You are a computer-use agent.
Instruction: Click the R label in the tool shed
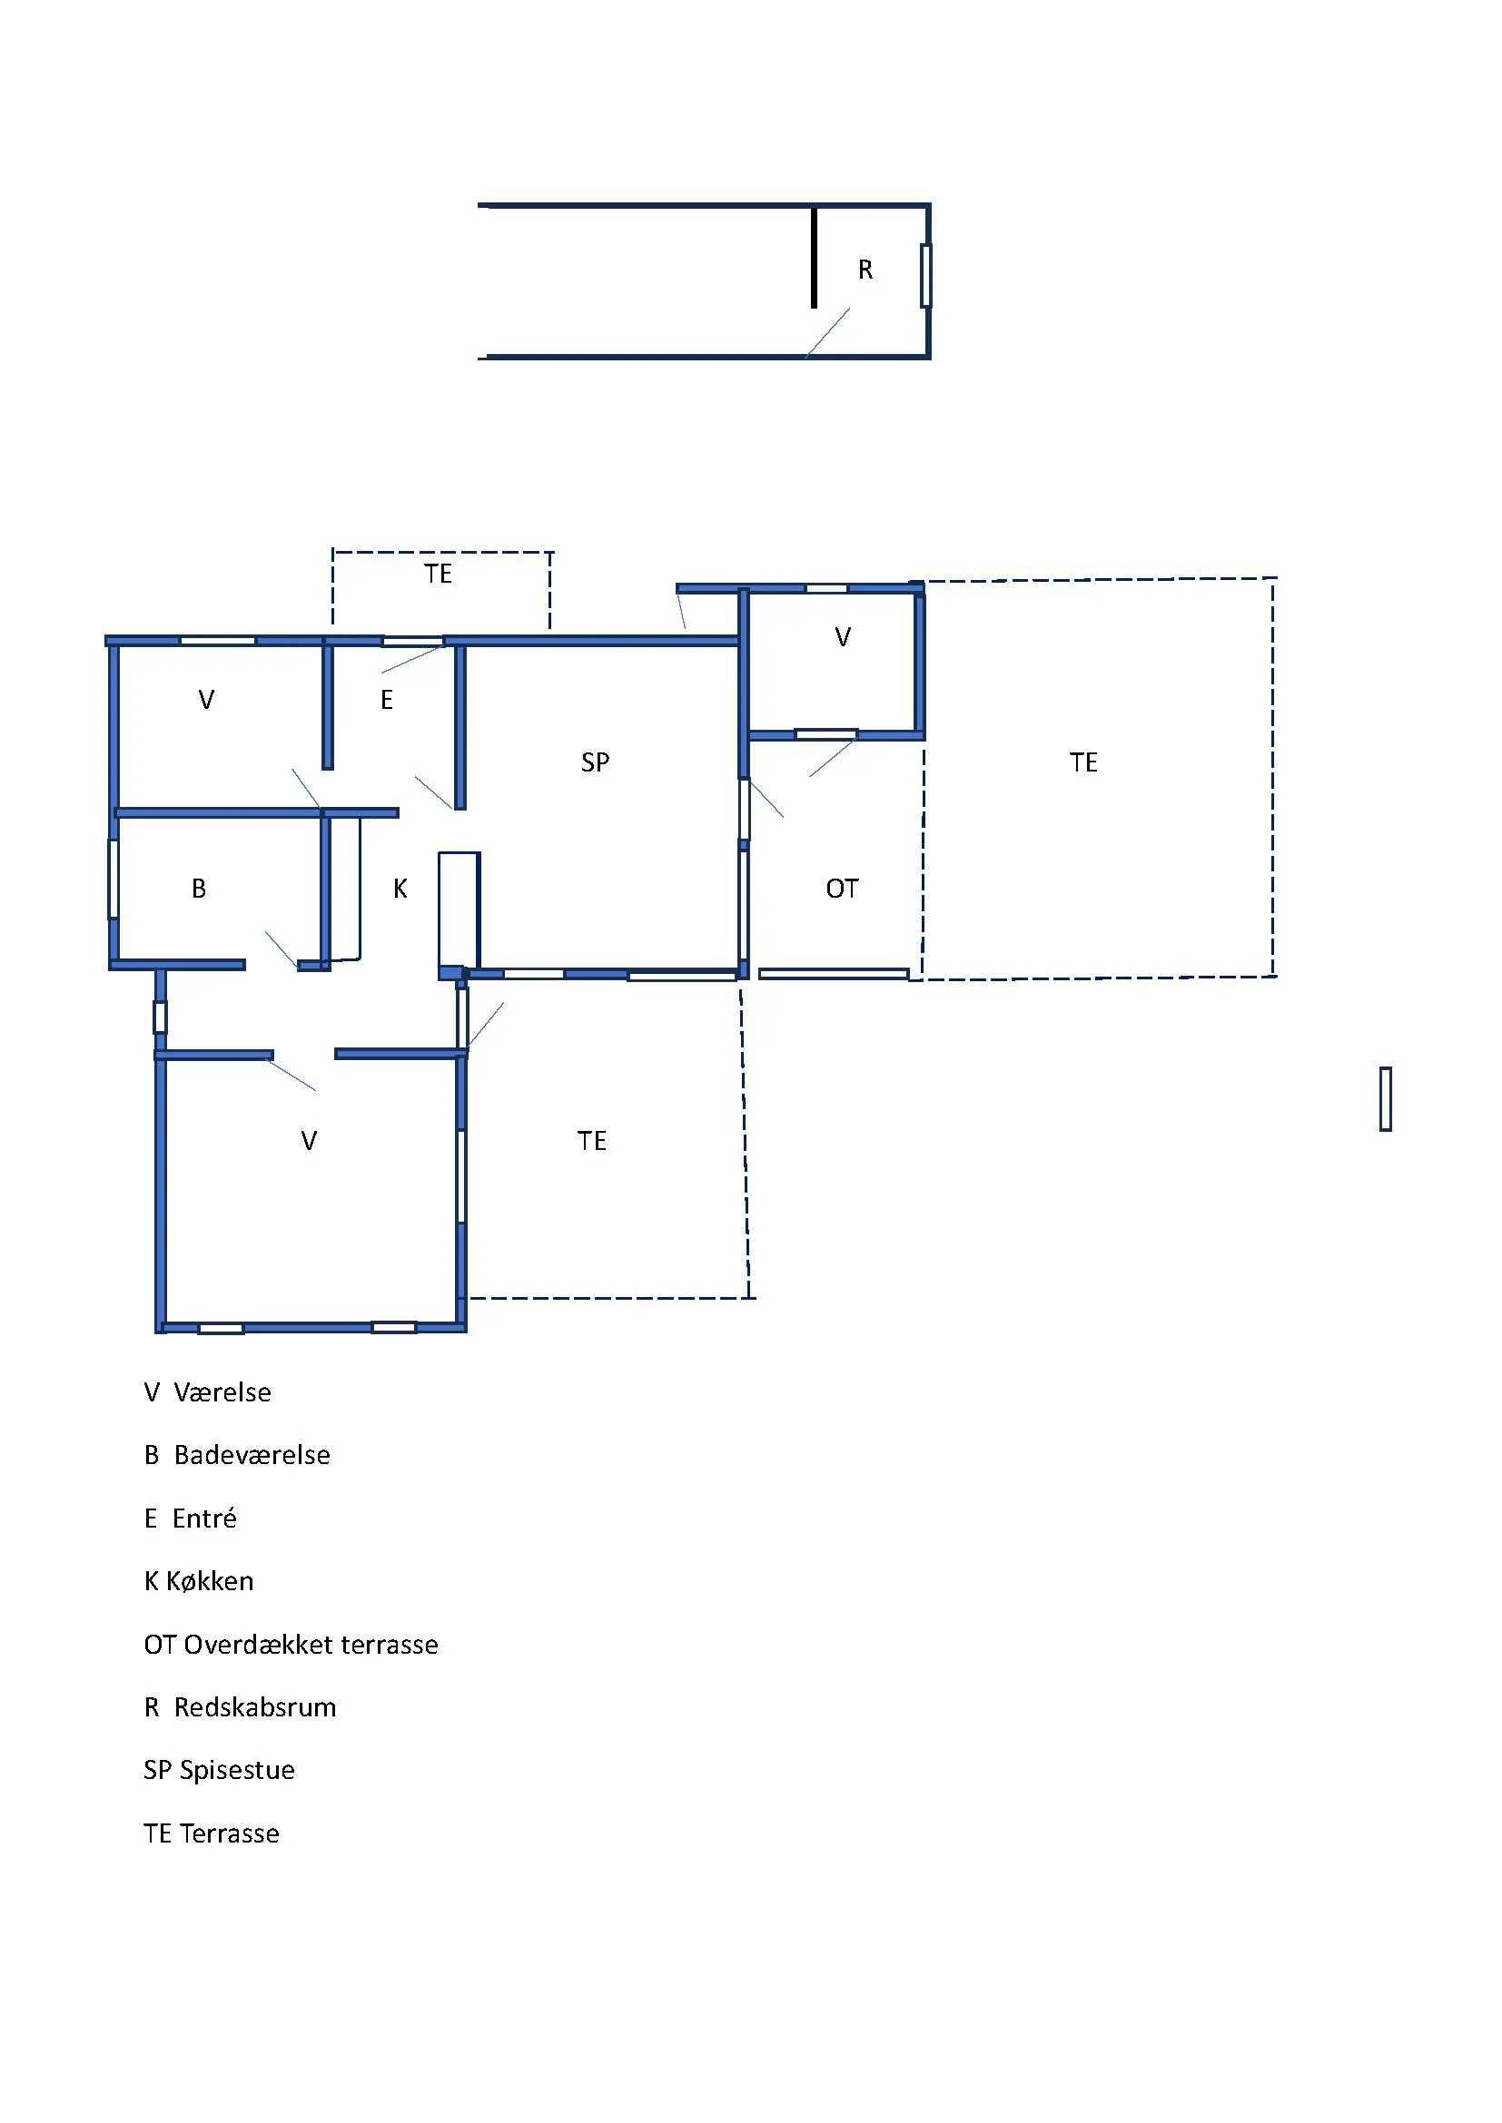tap(865, 269)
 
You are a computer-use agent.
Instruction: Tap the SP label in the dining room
tap(595, 762)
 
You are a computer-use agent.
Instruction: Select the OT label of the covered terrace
tap(842, 889)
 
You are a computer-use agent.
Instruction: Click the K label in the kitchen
tap(400, 889)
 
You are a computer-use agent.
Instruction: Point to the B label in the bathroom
tap(198, 889)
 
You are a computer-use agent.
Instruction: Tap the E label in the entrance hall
tap(387, 700)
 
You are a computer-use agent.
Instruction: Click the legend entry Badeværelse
tap(252, 1455)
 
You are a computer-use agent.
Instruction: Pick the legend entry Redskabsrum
tap(254, 1707)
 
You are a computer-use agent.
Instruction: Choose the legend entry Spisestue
tap(237, 1770)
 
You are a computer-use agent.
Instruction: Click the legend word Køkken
tap(209, 1581)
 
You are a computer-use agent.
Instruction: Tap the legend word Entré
tap(204, 1519)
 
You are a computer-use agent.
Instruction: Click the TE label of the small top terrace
tap(438, 575)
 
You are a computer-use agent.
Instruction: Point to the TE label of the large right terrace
tap(1083, 762)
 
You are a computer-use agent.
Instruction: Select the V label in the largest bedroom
tap(309, 1141)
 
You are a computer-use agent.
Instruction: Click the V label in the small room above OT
tap(843, 637)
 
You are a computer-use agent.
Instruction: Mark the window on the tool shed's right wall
tap(925, 276)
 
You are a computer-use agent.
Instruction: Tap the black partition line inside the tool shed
tap(814, 258)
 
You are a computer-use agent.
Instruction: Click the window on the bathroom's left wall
tap(113, 879)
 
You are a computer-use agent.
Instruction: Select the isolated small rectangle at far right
tap(1386, 1098)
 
